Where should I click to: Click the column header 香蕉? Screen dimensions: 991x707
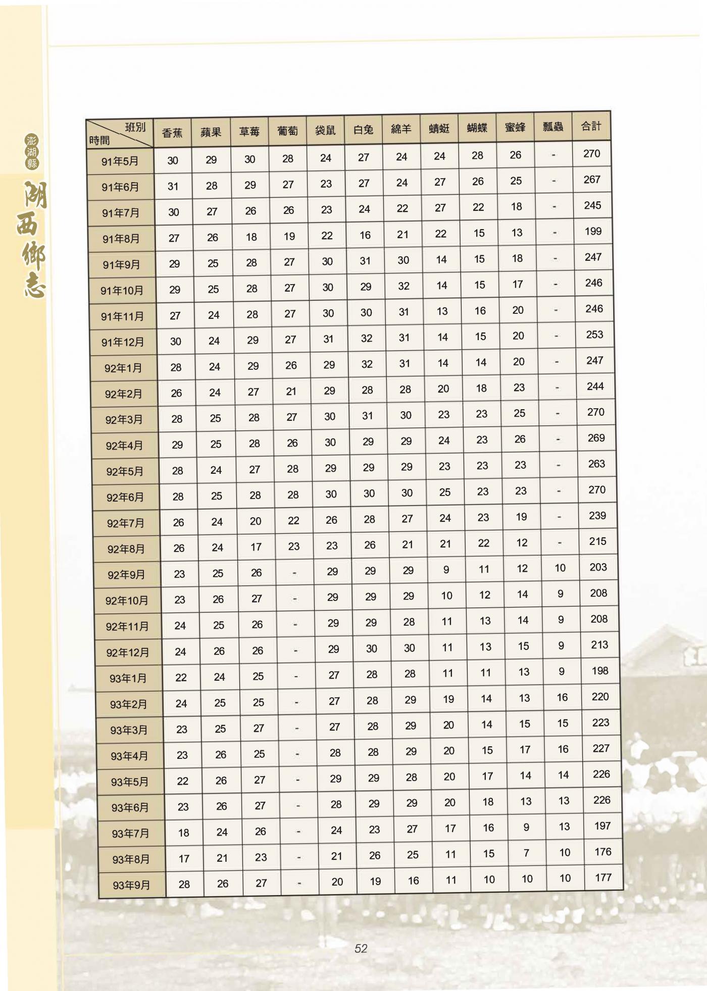tap(172, 133)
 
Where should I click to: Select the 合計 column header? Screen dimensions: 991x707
tap(591, 126)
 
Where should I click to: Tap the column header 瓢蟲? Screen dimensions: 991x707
tap(553, 127)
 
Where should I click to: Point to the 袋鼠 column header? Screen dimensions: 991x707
tap(325, 130)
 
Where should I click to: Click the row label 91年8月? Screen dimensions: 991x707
tap(121, 239)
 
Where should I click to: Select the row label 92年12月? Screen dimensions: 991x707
tap(128, 652)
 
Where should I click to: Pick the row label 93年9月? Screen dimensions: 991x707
tap(131, 885)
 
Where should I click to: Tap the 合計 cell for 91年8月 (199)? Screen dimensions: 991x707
tap(593, 231)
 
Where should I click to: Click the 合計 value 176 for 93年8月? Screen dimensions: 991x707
tap(603, 852)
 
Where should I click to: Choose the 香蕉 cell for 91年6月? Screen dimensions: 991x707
tap(173, 186)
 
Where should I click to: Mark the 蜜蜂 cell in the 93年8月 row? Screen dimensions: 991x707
tap(526, 853)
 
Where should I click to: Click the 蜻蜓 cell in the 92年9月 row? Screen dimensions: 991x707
tap(446, 570)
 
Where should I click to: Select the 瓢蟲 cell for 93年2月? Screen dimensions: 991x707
tap(563, 697)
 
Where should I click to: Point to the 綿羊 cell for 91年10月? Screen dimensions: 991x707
tap(403, 286)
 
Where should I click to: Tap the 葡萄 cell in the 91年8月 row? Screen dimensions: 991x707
tap(289, 236)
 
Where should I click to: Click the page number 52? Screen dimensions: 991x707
tap(361, 949)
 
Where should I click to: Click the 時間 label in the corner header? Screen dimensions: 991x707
tap(99, 140)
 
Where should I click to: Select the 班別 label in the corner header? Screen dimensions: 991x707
tap(135, 127)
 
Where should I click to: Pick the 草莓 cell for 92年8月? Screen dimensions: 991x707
tap(256, 547)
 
